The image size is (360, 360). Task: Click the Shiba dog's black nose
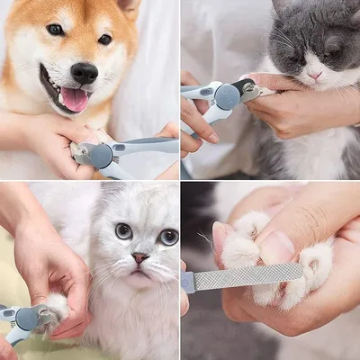tap(85, 71)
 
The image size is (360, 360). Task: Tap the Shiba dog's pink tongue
tap(74, 99)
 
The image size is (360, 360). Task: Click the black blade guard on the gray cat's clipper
tap(244, 88)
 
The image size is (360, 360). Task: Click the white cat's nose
tap(139, 258)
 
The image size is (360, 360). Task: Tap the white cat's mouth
tap(140, 269)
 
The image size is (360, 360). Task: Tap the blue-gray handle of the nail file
tap(187, 283)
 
